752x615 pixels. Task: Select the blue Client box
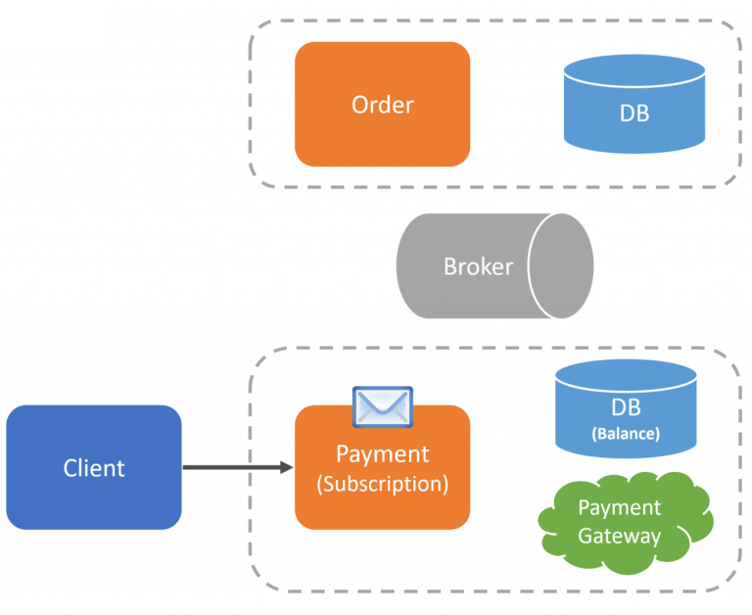coord(94,467)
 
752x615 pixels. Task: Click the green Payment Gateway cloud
coord(624,523)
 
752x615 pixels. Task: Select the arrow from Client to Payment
coord(235,467)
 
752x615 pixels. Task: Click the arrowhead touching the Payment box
coord(287,467)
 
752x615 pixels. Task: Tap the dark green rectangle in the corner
coord(51,24)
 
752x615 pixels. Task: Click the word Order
coord(382,104)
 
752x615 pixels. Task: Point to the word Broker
coord(478,265)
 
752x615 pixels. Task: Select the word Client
coord(94,467)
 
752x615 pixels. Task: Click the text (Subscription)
coord(382,484)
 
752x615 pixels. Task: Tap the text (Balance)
coord(625,433)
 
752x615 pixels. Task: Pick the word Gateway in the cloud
coord(619,536)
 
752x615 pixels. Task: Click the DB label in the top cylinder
coord(634,113)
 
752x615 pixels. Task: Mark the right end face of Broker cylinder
coord(560,265)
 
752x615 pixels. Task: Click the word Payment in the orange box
coord(382,454)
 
